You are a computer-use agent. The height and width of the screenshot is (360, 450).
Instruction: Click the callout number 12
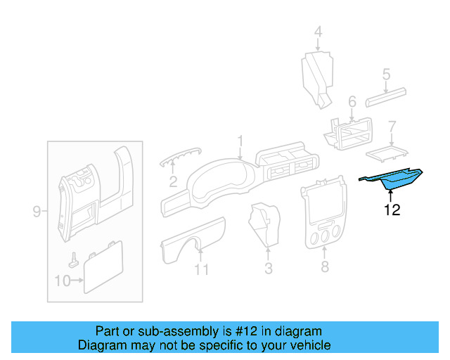392,210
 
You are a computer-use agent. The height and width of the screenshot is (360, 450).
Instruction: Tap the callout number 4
317,32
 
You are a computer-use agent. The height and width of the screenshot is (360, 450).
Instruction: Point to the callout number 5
386,74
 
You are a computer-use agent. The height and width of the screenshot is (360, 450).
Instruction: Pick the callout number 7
392,127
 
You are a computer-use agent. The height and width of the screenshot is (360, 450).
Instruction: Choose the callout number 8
324,266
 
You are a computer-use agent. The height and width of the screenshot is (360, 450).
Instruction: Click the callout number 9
37,211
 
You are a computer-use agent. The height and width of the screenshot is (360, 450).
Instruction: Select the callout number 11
202,269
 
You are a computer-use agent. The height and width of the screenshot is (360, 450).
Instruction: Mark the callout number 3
268,268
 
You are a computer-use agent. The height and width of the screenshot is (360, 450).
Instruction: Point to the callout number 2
172,184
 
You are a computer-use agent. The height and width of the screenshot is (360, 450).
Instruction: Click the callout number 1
240,141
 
